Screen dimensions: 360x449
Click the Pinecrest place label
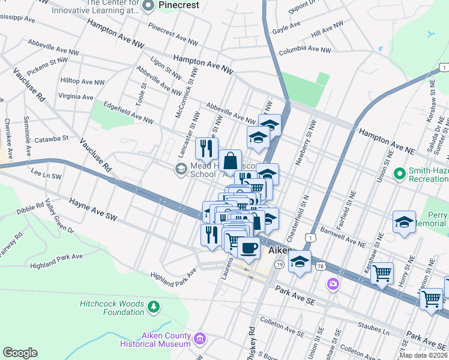tap(178, 4)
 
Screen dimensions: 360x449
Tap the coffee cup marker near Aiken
tap(248, 247)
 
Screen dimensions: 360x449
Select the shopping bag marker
tap(230, 161)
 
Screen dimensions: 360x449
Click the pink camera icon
tap(332, 283)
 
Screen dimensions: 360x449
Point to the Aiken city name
tap(279, 250)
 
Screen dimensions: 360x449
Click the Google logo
tap(20, 353)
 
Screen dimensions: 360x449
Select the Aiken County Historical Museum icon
tap(200, 340)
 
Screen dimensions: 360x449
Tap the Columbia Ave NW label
tap(304, 50)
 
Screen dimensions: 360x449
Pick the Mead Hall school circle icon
tap(181, 169)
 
